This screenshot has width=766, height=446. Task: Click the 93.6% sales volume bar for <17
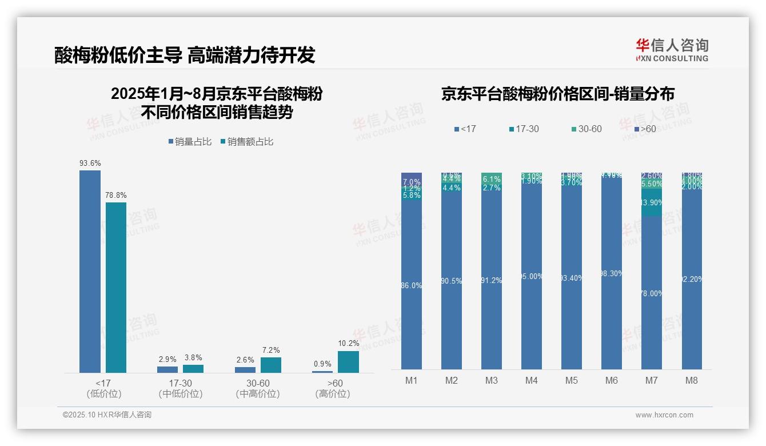90,272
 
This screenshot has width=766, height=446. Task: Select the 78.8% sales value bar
116,288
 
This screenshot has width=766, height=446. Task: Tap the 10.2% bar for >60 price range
348,362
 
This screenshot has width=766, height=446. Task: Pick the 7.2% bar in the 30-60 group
271,365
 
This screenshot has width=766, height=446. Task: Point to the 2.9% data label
167,360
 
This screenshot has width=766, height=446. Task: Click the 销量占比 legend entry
190,142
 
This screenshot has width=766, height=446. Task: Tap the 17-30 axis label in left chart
181,383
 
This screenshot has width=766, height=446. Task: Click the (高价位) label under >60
333,394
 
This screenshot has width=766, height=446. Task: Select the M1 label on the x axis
412,381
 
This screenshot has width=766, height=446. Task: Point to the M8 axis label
692,381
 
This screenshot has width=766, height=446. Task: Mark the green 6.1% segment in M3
492,178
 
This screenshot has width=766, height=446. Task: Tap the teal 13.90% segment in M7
652,202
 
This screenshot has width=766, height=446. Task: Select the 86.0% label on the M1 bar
412,285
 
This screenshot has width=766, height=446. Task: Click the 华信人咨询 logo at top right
672,50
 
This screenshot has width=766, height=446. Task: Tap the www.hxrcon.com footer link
664,415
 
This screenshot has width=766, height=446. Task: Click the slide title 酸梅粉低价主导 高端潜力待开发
185,55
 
